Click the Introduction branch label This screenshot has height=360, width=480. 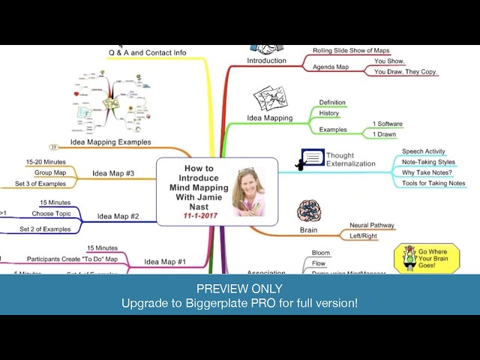tap(267, 61)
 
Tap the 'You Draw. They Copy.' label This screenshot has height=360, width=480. tap(406, 72)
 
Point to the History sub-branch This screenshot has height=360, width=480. tap(329, 113)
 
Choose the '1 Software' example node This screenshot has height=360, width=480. tap(388, 124)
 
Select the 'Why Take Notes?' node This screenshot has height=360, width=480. tap(427, 172)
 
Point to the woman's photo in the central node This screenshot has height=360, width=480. tap(248, 190)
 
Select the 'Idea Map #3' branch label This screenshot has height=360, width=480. tap(113, 174)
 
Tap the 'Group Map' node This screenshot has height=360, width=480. tap(51, 172)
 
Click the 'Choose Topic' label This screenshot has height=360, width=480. tap(51, 214)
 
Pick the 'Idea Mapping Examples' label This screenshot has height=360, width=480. tap(110, 142)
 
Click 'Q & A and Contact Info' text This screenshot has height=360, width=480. tap(147, 52)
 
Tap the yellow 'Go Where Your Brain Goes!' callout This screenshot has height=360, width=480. tap(427, 258)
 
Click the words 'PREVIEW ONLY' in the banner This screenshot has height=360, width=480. tap(239, 289)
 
